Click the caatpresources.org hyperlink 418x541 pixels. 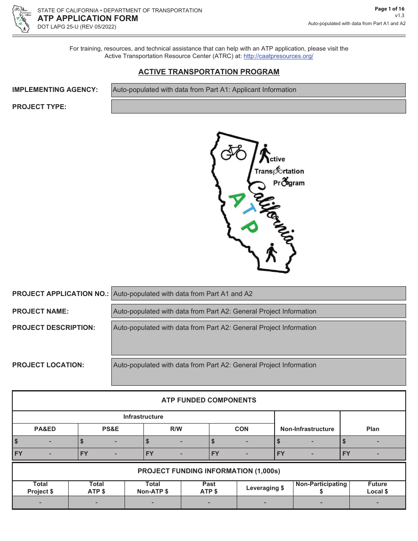278,56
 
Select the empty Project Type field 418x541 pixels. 258,106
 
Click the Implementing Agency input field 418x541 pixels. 258,90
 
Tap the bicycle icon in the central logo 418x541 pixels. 233,152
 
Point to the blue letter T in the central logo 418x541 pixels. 243,212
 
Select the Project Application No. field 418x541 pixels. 258,293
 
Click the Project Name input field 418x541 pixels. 258,311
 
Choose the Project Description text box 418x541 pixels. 258,337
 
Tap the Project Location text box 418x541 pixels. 258,372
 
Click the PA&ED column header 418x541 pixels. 45,429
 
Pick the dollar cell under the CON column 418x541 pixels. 242,442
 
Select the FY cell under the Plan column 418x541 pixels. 373,454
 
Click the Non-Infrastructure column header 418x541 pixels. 307,429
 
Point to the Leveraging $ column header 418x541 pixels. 265,488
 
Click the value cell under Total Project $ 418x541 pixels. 40,503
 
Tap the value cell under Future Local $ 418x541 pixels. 378,503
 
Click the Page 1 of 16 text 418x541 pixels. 389,8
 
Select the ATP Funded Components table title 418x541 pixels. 209,400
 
